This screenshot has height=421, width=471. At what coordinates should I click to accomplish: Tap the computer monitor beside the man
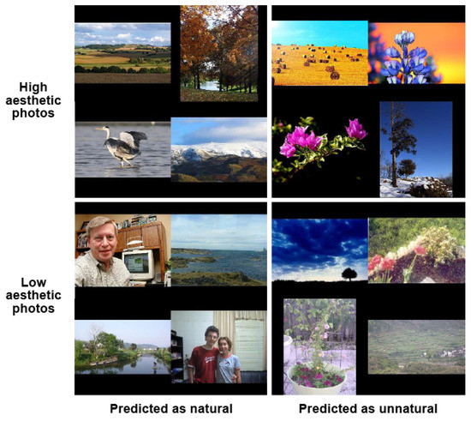pyautogui.click(x=139, y=265)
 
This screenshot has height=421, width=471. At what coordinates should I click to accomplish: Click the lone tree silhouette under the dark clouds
pyautogui.click(x=349, y=274)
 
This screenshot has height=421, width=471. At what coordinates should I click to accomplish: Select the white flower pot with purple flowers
pyautogui.click(x=317, y=377)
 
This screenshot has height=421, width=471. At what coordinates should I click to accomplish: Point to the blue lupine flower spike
pyautogui.click(x=405, y=57)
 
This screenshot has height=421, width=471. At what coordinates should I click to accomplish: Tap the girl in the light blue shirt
pyautogui.click(x=228, y=360)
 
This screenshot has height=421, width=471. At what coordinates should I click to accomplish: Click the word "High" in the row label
pyautogui.click(x=33, y=87)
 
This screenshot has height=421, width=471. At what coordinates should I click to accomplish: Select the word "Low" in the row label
pyautogui.click(x=33, y=282)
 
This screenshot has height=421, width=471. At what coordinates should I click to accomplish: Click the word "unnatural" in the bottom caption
pyautogui.click(x=408, y=409)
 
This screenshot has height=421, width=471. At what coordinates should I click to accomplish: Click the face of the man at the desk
pyautogui.click(x=103, y=238)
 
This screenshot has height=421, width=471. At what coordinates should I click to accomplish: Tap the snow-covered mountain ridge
pyautogui.click(x=218, y=150)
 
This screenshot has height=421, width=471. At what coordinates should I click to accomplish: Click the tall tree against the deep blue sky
pyautogui.click(x=396, y=141)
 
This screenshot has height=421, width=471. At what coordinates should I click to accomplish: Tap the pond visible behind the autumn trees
pyautogui.click(x=210, y=86)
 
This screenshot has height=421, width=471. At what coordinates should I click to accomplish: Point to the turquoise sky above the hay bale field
pyautogui.click(x=319, y=33)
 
